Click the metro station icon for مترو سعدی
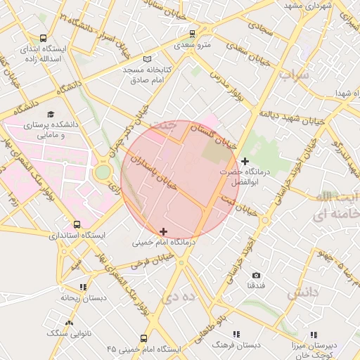click(193, 34)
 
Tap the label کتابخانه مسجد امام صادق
click(159, 75)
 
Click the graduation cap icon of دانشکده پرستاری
click(51, 114)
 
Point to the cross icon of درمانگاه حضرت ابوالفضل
click(244, 162)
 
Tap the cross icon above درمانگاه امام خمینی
click(163, 231)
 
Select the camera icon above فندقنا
click(256, 275)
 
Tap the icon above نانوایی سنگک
click(50, 322)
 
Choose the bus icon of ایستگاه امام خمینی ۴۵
click(143, 338)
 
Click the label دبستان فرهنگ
click(236, 345)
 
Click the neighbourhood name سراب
click(294, 74)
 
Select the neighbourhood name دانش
click(302, 291)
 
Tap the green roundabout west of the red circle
click(103, 172)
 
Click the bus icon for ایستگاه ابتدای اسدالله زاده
click(44, 39)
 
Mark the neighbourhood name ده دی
click(176, 297)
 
